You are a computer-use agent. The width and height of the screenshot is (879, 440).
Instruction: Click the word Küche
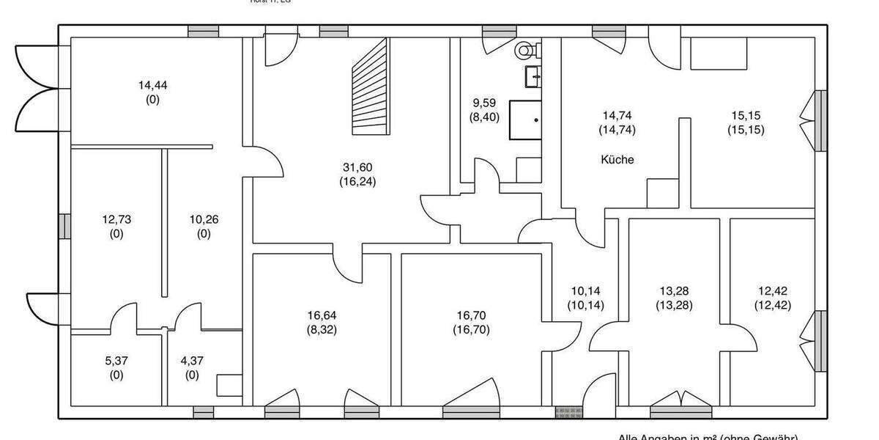coord(617,160)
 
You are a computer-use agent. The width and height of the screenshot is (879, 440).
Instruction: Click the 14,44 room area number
coord(152,85)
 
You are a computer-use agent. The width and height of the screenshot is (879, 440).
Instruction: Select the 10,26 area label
coord(204,219)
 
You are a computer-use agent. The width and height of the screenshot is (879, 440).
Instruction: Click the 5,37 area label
coord(116,360)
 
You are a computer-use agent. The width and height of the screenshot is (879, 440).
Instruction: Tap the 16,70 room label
coord(471,315)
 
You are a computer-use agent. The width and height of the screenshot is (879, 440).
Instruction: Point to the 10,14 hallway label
coord(585,290)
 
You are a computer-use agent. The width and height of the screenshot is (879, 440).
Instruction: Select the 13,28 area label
coord(674,290)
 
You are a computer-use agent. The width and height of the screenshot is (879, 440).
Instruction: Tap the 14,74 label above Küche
coord(617,115)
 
